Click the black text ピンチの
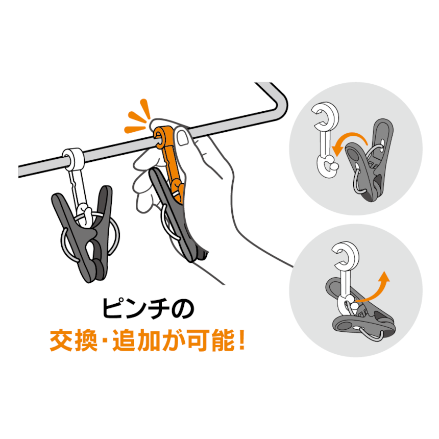(148, 309)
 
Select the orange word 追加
(136, 339)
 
